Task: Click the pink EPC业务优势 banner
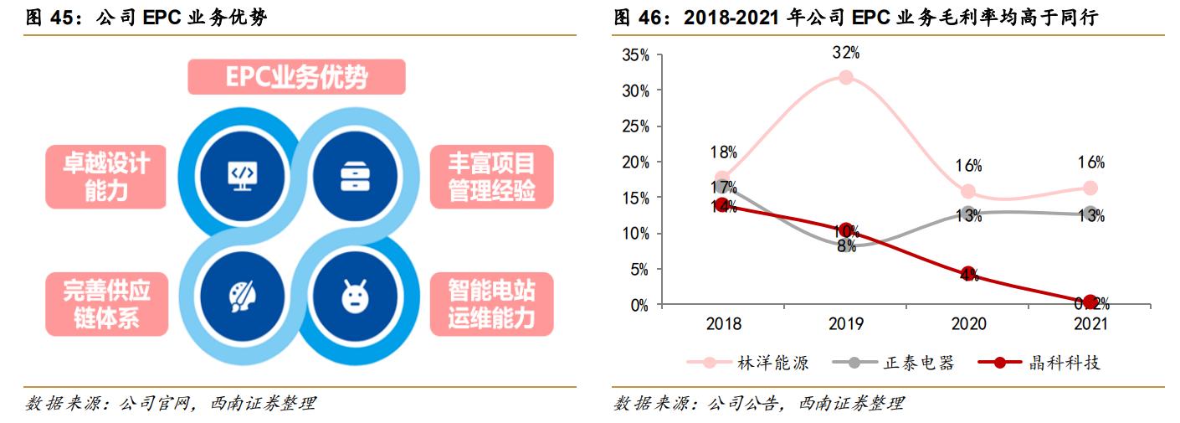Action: (x=297, y=76)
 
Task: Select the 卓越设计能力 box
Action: (x=106, y=175)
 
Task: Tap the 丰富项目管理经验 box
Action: (x=491, y=175)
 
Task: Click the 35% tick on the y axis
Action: (x=635, y=54)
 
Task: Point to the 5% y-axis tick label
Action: (x=639, y=270)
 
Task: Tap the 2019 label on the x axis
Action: (x=846, y=324)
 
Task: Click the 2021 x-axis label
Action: (x=1090, y=324)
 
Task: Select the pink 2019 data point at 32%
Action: (x=846, y=77)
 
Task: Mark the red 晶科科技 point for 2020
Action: (x=969, y=275)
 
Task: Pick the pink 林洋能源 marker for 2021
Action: (x=1090, y=188)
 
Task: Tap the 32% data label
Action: (x=846, y=53)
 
